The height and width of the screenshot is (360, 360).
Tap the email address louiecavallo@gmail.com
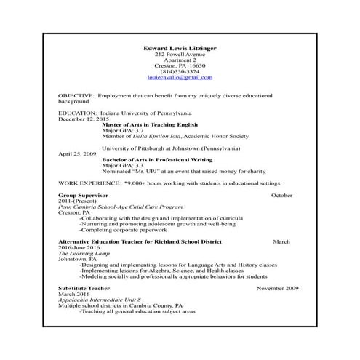[x=180, y=76]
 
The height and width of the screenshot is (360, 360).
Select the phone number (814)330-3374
[x=180, y=70]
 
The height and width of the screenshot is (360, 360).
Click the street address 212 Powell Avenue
[x=180, y=55]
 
